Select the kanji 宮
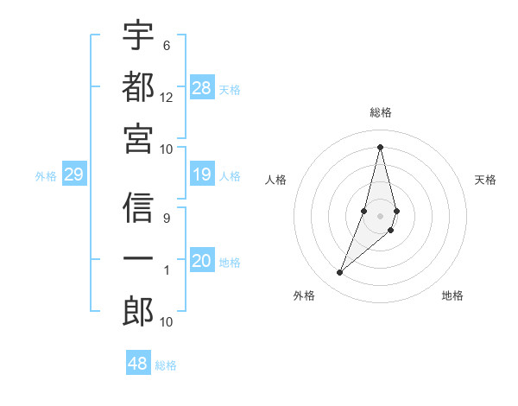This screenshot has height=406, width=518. pos(139,137)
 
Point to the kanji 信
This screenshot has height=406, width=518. pos(139,207)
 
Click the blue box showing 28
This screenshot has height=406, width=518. pos(202,87)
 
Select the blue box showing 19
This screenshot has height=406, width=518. pos(202,175)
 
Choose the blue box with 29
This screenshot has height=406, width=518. pos(73,175)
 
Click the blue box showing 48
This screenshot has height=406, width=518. pos(138,364)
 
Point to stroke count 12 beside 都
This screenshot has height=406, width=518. pos(167,98)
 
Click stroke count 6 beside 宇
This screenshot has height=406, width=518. pos(167,45)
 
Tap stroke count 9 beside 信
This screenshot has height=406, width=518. pos(167,219)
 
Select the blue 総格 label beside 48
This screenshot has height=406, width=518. pos(166,365)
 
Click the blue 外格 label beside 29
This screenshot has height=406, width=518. pos(46,176)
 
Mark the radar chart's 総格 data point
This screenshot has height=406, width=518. pos(380,147)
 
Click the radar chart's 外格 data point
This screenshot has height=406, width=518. pos(340,273)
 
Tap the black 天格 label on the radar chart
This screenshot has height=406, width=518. pos(485,180)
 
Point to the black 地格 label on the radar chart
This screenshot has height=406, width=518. pos(452,295)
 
